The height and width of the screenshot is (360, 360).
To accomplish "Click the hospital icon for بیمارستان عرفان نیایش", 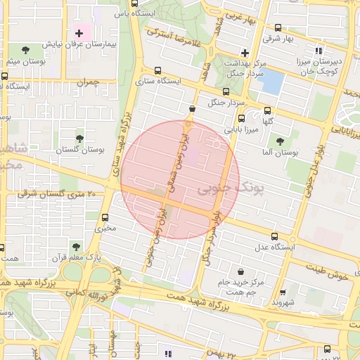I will (x=79, y=33).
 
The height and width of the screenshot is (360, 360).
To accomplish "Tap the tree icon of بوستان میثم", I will (x=26, y=49).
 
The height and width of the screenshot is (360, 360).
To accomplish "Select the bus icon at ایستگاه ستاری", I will (x=157, y=70).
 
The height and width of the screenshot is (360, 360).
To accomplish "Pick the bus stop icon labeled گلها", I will (x=267, y=110).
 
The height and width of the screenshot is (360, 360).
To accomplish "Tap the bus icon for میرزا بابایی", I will (x=241, y=118).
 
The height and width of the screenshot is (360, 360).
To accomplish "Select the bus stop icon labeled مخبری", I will (x=105, y=217).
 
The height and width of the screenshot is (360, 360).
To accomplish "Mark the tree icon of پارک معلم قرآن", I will (x=77, y=246).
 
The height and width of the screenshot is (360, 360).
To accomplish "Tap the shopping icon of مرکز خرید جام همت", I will (x=241, y=271).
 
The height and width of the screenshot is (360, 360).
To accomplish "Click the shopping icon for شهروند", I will (x=283, y=292).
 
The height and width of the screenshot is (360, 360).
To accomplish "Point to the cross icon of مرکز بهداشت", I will (x=244, y=53).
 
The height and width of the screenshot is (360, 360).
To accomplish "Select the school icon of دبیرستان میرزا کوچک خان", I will (x=319, y=51).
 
